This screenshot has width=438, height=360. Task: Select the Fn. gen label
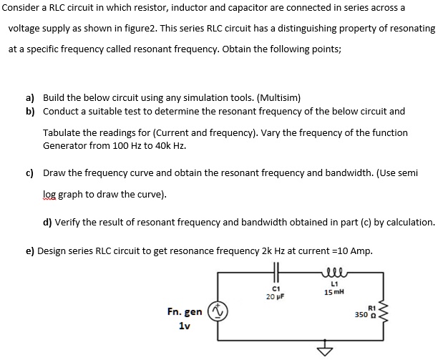184,312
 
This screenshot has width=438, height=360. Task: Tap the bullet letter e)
30,250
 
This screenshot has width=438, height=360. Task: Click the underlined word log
50,194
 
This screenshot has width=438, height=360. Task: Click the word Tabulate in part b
64,132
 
